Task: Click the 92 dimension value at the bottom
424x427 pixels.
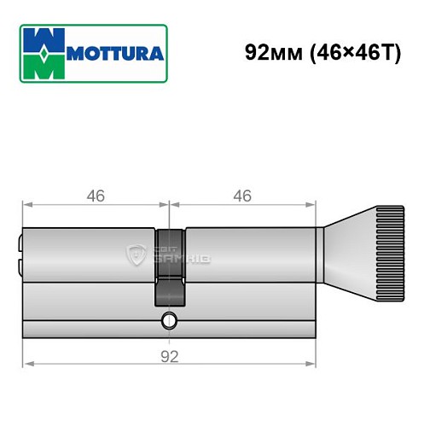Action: [x=170, y=356]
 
